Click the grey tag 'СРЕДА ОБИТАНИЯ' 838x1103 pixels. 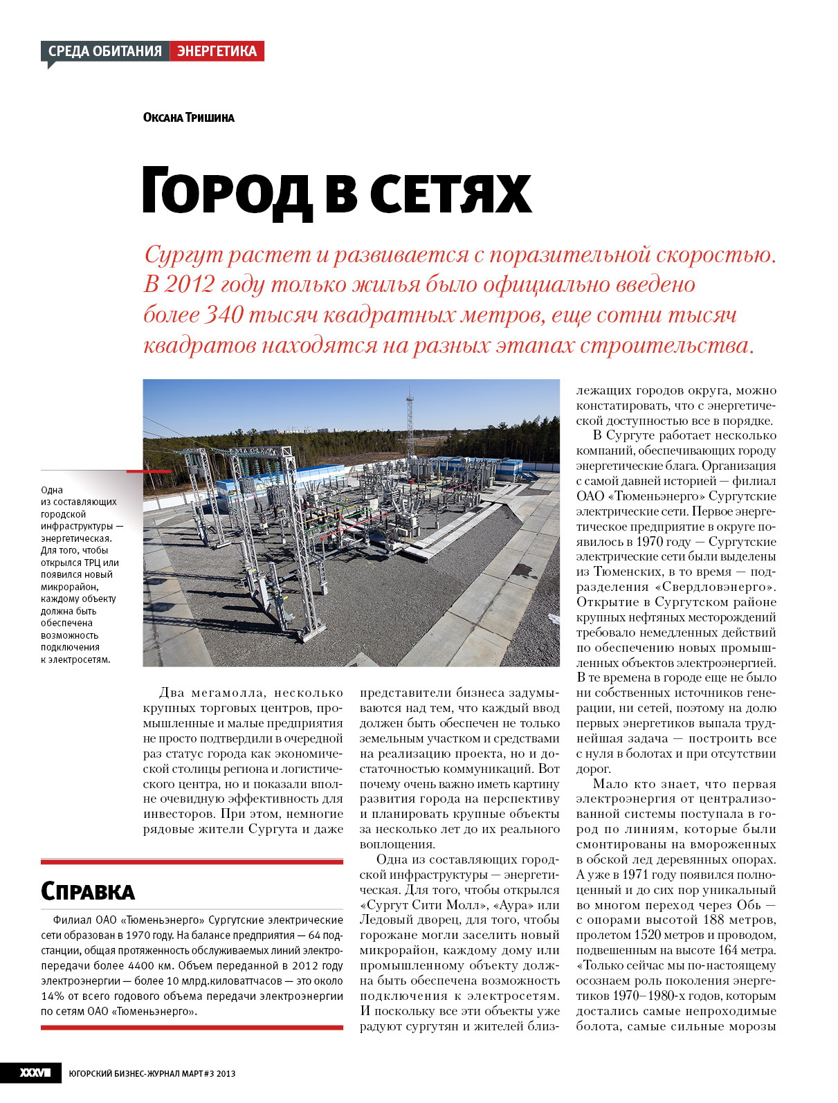tap(105, 51)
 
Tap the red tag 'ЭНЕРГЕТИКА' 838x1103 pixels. tap(217, 51)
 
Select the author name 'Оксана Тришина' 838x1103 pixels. tap(188, 118)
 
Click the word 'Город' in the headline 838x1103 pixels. tap(226, 192)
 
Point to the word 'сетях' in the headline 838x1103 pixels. tap(450, 192)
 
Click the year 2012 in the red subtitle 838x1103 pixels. tap(190, 285)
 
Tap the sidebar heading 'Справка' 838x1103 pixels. tap(88, 891)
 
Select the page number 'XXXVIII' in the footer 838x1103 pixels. tap(35, 1073)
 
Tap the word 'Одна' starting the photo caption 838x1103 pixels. tap(52, 490)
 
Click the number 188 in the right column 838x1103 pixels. tap(715, 920)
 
